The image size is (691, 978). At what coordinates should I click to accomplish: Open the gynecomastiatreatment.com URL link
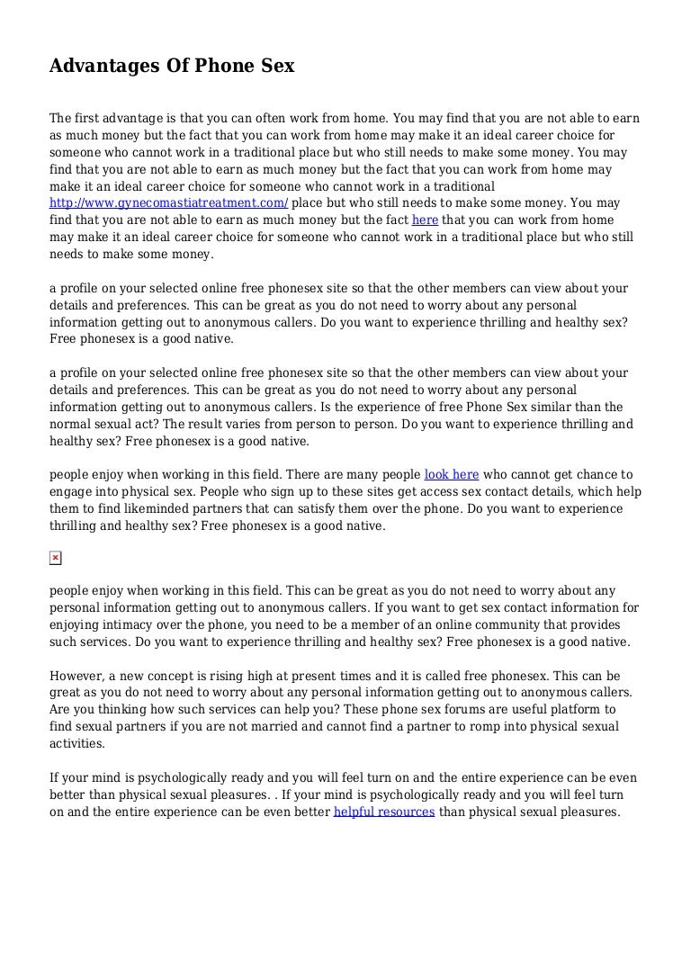169,203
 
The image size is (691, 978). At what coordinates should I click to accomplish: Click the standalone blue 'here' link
425,220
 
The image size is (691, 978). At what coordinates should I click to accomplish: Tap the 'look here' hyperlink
451,475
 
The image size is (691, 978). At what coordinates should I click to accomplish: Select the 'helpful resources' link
384,812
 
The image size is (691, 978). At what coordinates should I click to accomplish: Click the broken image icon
55,559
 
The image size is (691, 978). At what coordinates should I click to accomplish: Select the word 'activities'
76,744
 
